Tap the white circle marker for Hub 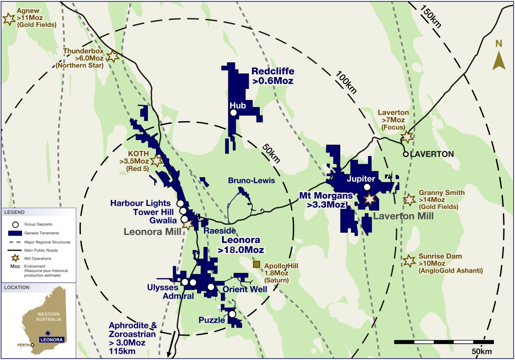click(233, 113)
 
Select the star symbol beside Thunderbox click(113, 56)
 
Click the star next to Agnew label click(9, 19)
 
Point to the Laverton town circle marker click(406, 154)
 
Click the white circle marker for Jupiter click(367, 187)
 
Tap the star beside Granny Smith click(409, 200)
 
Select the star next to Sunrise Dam click(409, 261)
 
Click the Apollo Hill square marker click(256, 264)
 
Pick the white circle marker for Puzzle click(232, 314)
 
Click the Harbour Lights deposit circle click(180, 203)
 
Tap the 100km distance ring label click(346, 82)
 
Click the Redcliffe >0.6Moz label click(273, 76)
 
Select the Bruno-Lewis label click(251, 181)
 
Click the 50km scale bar click(444, 342)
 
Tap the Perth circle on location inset click(33, 345)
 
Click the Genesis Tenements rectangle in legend click(15, 233)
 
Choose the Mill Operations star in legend click(15, 258)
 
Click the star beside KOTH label click(157, 161)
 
